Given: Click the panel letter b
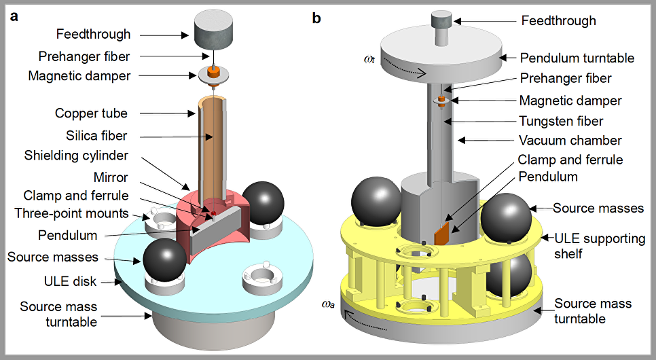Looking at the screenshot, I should click(316, 18).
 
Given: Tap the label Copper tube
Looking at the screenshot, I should click(91, 113).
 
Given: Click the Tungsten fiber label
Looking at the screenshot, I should click(561, 121).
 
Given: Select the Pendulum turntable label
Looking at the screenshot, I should click(577, 58).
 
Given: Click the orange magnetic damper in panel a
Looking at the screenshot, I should click(215, 71).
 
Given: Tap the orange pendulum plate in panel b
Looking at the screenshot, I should click(443, 232).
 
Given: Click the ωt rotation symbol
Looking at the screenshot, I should click(369, 59).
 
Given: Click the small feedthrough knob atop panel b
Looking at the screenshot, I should click(442, 18).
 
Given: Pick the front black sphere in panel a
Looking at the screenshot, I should click(164, 260).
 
